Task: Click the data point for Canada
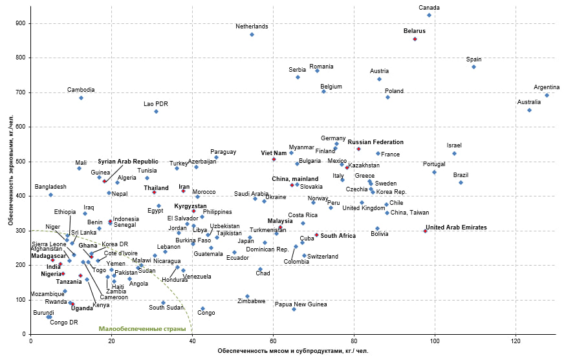429,15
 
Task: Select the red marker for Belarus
415,39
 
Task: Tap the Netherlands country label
252,26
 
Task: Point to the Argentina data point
547,96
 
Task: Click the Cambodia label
81,90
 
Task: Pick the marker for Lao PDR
156,112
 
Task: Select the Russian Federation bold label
375,142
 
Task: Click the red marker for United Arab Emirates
425,231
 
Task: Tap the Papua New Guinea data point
294,309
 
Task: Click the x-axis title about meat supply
293,351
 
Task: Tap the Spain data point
473,67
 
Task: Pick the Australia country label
529,101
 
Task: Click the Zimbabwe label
251,301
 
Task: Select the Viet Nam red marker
274,159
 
